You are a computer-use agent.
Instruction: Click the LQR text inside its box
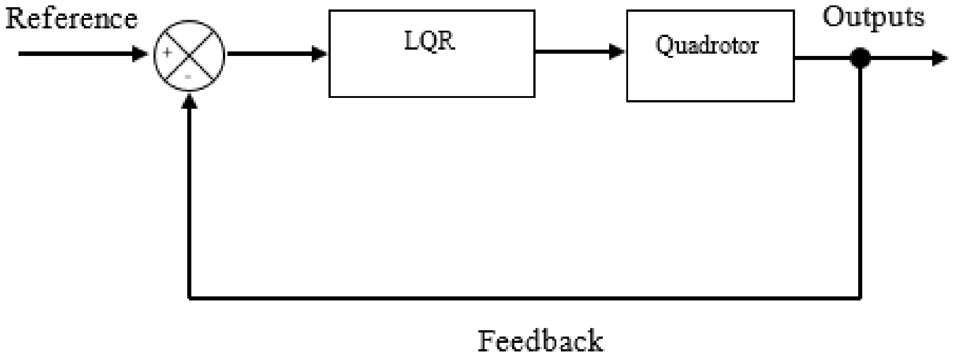[x=430, y=41]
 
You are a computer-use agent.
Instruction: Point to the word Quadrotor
[x=707, y=45]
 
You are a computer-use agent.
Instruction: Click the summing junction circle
[x=190, y=55]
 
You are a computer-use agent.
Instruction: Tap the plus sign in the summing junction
[x=167, y=53]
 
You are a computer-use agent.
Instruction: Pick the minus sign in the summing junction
[x=189, y=77]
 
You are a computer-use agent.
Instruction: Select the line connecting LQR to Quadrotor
[x=573, y=51]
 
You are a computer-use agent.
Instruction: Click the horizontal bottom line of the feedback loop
[x=523, y=298]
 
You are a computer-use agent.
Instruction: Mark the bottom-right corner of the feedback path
[x=860, y=298]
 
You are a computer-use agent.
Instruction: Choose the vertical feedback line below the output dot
[x=860, y=180]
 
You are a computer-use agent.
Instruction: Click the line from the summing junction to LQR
[x=271, y=55]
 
